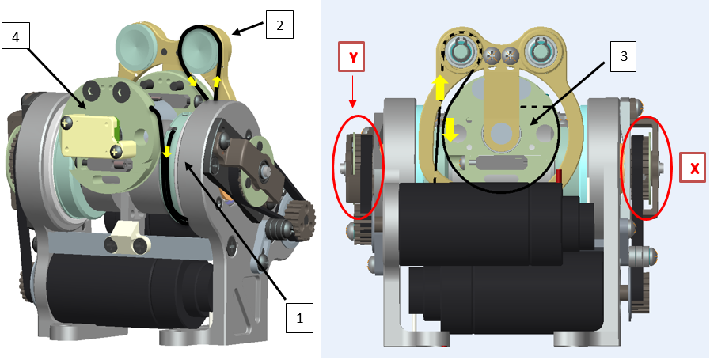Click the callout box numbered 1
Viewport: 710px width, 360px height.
click(299, 319)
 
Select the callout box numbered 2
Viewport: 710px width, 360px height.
click(279, 24)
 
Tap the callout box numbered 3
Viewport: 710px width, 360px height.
click(624, 57)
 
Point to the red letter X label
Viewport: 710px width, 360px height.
click(694, 168)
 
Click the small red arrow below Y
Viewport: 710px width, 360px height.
click(352, 102)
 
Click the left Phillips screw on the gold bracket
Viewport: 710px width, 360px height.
click(493, 55)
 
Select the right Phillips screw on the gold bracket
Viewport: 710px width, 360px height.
click(511, 55)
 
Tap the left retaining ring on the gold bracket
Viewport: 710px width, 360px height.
click(461, 54)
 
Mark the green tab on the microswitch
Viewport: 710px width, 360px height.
click(116, 128)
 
